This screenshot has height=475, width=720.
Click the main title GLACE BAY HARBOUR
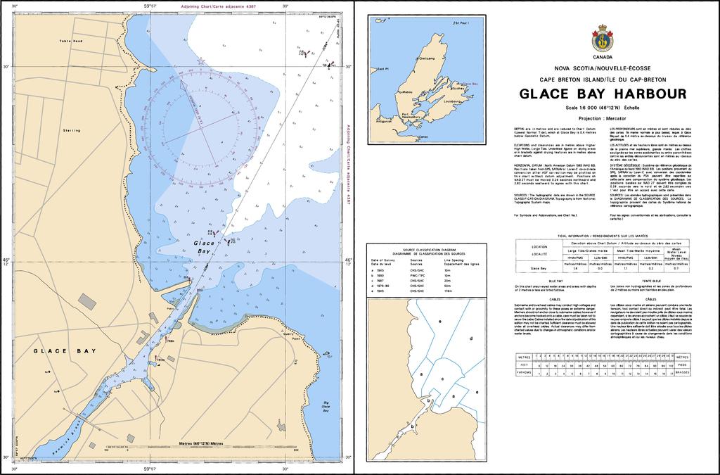tap(603, 94)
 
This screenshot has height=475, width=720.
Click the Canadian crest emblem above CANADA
tap(603, 37)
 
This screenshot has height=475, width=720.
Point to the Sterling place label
tap(71, 130)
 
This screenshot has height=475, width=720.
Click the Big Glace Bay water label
tap(325, 406)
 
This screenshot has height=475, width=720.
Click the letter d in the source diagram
tap(470, 338)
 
